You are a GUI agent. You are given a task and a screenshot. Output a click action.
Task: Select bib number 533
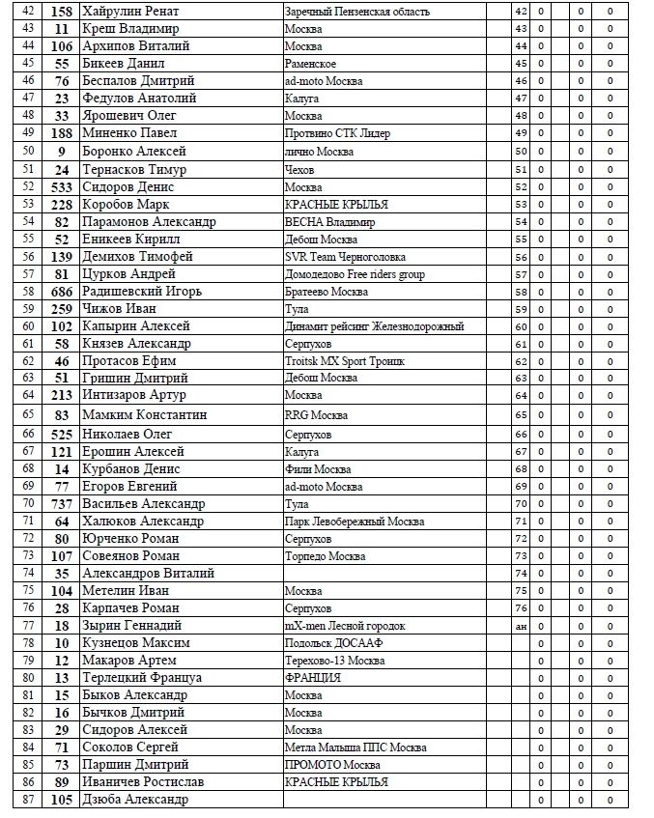coord(62,186)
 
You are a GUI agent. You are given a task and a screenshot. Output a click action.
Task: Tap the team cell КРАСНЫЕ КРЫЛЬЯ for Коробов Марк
coord(336,205)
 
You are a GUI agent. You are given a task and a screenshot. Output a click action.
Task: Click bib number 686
coord(62,291)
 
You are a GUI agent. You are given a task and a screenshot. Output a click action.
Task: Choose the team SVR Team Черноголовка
coord(345,257)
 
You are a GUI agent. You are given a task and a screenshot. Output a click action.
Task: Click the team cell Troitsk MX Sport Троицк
coord(344,361)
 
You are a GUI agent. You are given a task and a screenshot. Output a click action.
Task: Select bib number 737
coord(62,503)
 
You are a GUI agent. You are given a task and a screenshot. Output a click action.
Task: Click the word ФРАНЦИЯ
coord(312,678)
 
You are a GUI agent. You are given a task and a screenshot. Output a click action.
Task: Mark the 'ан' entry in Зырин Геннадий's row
coord(521,626)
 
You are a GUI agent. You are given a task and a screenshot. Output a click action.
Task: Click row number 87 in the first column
coord(27,800)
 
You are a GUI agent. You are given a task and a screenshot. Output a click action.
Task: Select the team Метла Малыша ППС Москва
coord(355,747)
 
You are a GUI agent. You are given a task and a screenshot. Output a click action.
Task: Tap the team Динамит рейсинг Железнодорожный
coord(374,326)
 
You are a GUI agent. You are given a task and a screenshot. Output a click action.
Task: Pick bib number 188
coord(62,133)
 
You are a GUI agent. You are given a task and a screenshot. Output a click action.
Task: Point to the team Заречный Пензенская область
coord(356,12)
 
